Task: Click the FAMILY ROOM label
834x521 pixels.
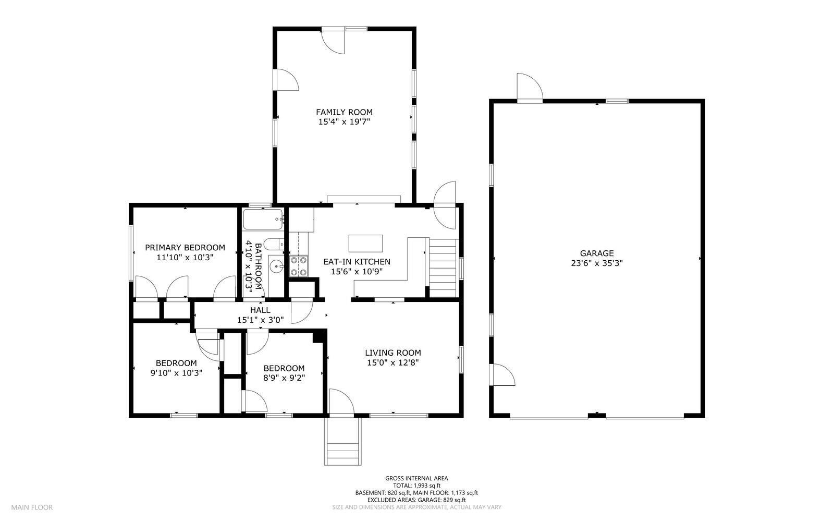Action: click(x=344, y=112)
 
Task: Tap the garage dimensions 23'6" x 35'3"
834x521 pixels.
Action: click(x=596, y=263)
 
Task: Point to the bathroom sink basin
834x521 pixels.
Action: click(x=276, y=267)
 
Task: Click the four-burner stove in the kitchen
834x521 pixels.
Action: click(x=299, y=265)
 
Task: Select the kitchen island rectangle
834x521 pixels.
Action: click(x=365, y=244)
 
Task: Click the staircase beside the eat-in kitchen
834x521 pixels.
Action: click(x=443, y=268)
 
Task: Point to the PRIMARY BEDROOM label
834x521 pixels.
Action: click(x=185, y=248)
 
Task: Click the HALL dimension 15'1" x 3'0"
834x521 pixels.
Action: click(x=260, y=320)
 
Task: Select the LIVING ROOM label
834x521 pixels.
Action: click(x=393, y=353)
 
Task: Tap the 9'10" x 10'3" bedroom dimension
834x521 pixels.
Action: click(x=176, y=373)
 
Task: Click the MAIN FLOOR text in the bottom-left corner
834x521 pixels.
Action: click(x=32, y=507)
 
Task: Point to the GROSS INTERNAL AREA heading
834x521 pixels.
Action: click(x=416, y=478)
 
